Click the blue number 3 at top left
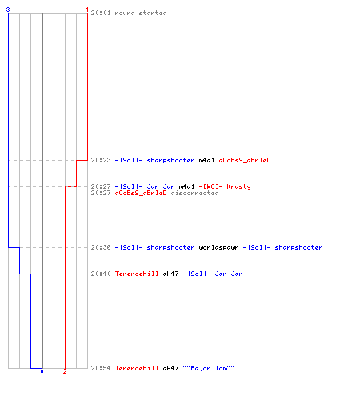(x=8, y=10)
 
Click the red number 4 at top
(x=87, y=10)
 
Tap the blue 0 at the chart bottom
(x=42, y=371)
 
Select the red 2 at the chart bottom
(x=65, y=371)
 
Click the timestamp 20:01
(x=101, y=13)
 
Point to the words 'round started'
(x=141, y=13)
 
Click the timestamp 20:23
(x=101, y=160)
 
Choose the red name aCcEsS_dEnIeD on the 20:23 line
(x=245, y=160)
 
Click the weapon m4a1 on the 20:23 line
(x=206, y=160)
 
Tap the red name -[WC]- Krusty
(x=225, y=186)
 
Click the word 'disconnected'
(x=194, y=193)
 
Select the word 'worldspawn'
(x=218, y=248)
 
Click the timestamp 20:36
(x=101, y=247)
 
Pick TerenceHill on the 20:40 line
(x=137, y=274)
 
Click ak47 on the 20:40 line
(x=170, y=274)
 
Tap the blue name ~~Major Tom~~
(x=209, y=368)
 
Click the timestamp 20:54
(x=101, y=368)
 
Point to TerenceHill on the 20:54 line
(x=137, y=368)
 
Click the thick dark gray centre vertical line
(x=42, y=190)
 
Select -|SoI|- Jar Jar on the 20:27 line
(x=145, y=186)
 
